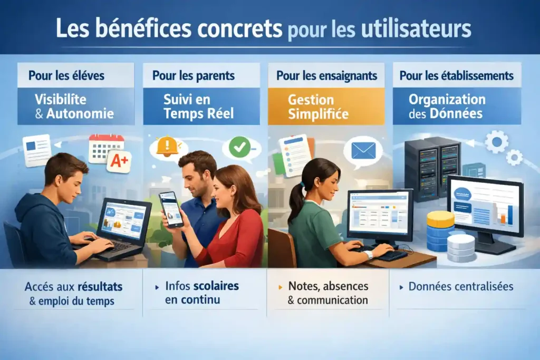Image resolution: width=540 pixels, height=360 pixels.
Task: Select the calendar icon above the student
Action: click(x=105, y=147)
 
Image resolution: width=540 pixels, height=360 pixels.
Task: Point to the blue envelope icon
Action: click(x=363, y=151)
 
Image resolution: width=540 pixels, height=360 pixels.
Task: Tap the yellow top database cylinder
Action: click(x=440, y=219)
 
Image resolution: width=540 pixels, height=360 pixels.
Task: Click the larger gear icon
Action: click(x=496, y=142)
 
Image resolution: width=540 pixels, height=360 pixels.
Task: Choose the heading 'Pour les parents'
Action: click(x=194, y=75)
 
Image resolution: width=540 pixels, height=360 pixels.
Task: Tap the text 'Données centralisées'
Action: click(x=461, y=287)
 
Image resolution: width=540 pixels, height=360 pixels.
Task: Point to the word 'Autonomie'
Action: click(x=81, y=113)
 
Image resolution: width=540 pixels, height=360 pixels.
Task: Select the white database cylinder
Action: click(x=460, y=248)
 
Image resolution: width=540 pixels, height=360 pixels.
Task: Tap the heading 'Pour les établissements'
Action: click(x=457, y=75)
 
